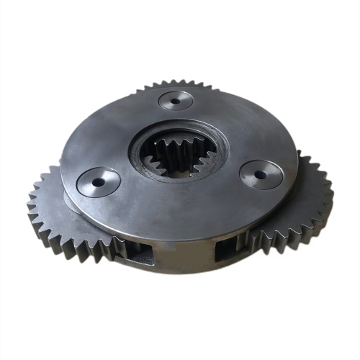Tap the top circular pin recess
176,99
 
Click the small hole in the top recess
176,100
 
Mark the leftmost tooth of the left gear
30,205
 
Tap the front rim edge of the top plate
180,238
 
